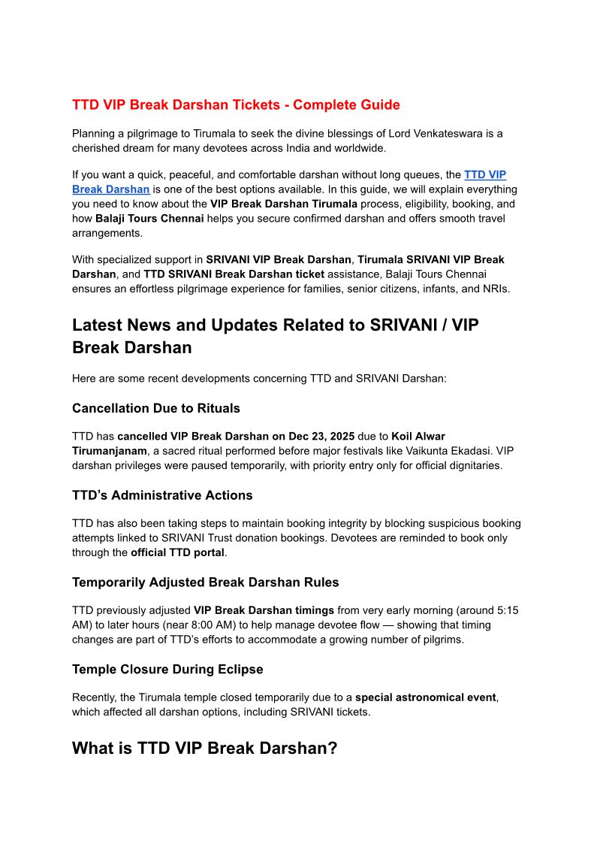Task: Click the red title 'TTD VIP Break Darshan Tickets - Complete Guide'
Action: click(x=236, y=105)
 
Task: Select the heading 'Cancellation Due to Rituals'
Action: click(x=156, y=408)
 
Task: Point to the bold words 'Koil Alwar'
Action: click(x=418, y=437)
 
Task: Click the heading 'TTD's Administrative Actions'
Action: click(x=162, y=495)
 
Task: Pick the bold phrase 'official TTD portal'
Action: click(x=177, y=552)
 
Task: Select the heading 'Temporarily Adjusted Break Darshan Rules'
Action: click(x=205, y=582)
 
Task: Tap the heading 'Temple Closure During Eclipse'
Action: click(x=167, y=669)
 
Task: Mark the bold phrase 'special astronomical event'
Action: click(x=425, y=697)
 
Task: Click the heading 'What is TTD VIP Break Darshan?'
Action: click(x=205, y=749)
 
